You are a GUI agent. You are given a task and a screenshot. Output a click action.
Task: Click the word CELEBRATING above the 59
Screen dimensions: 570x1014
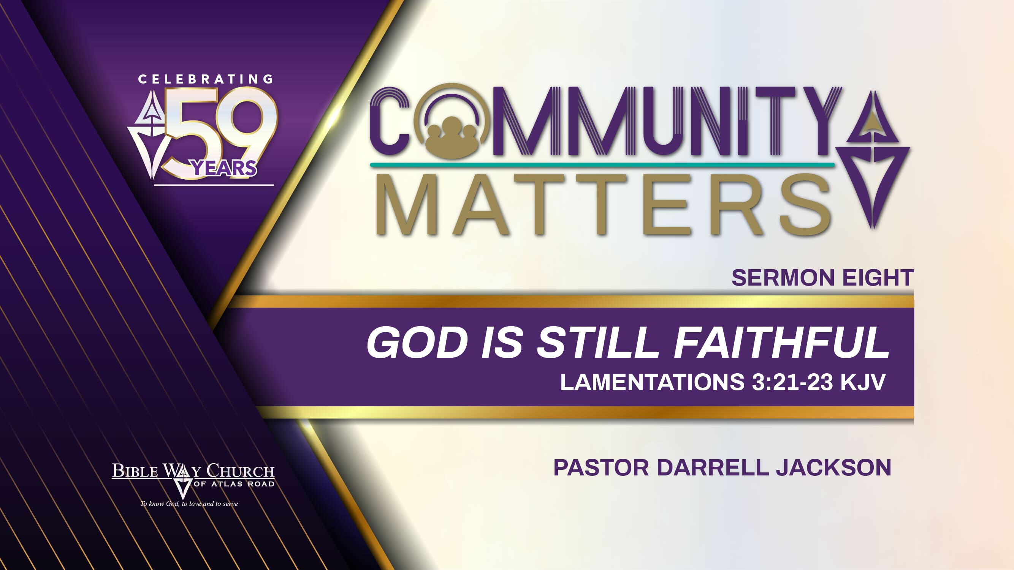click(206, 79)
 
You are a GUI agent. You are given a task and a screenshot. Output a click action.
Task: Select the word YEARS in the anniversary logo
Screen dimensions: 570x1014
click(225, 169)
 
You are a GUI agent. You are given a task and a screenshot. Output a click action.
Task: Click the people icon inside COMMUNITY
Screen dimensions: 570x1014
click(452, 136)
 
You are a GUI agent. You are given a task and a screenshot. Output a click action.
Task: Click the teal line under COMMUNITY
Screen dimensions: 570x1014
click(602, 165)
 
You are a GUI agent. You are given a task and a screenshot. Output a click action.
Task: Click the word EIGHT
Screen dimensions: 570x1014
click(878, 278)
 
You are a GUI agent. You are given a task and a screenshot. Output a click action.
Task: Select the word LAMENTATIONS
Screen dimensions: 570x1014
click(652, 382)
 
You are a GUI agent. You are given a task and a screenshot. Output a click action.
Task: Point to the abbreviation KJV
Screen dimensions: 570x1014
click(863, 382)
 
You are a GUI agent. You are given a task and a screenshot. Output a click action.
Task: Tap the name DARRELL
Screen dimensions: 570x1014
click(712, 467)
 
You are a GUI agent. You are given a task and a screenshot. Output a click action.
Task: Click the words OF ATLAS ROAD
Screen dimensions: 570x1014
click(234, 484)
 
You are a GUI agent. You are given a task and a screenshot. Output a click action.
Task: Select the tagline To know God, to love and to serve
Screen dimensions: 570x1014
click(189, 504)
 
